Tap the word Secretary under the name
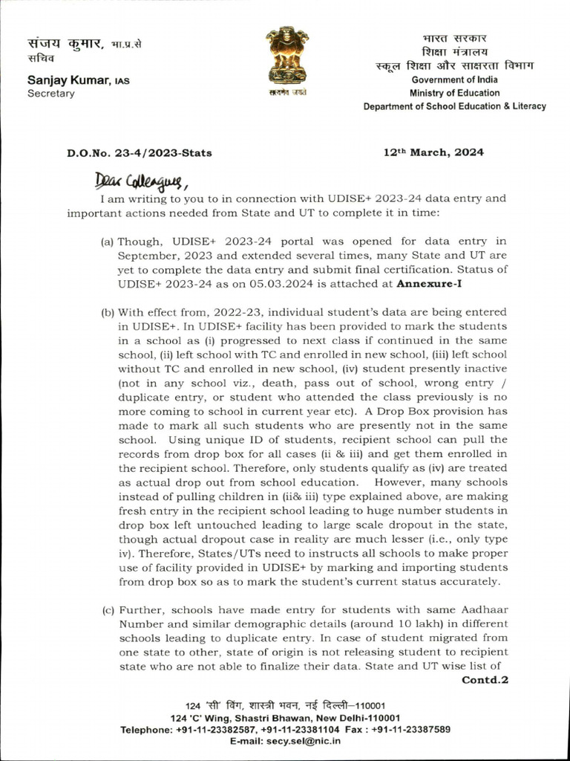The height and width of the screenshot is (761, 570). click(x=51, y=94)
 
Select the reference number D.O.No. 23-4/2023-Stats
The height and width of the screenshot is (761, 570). click(x=140, y=153)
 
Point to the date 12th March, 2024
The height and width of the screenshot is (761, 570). click(x=433, y=152)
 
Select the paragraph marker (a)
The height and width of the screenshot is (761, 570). click(x=108, y=241)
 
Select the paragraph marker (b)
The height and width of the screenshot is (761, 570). click(x=108, y=312)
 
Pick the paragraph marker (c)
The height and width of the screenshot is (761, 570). click(x=108, y=610)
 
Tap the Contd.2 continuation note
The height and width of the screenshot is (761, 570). click(x=485, y=679)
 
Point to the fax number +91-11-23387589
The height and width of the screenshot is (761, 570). click(x=410, y=730)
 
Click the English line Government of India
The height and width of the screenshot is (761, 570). click(x=455, y=80)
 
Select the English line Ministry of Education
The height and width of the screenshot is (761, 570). click(x=454, y=93)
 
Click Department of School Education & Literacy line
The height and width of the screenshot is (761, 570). click(x=454, y=106)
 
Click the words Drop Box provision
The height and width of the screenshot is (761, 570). click(x=437, y=411)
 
